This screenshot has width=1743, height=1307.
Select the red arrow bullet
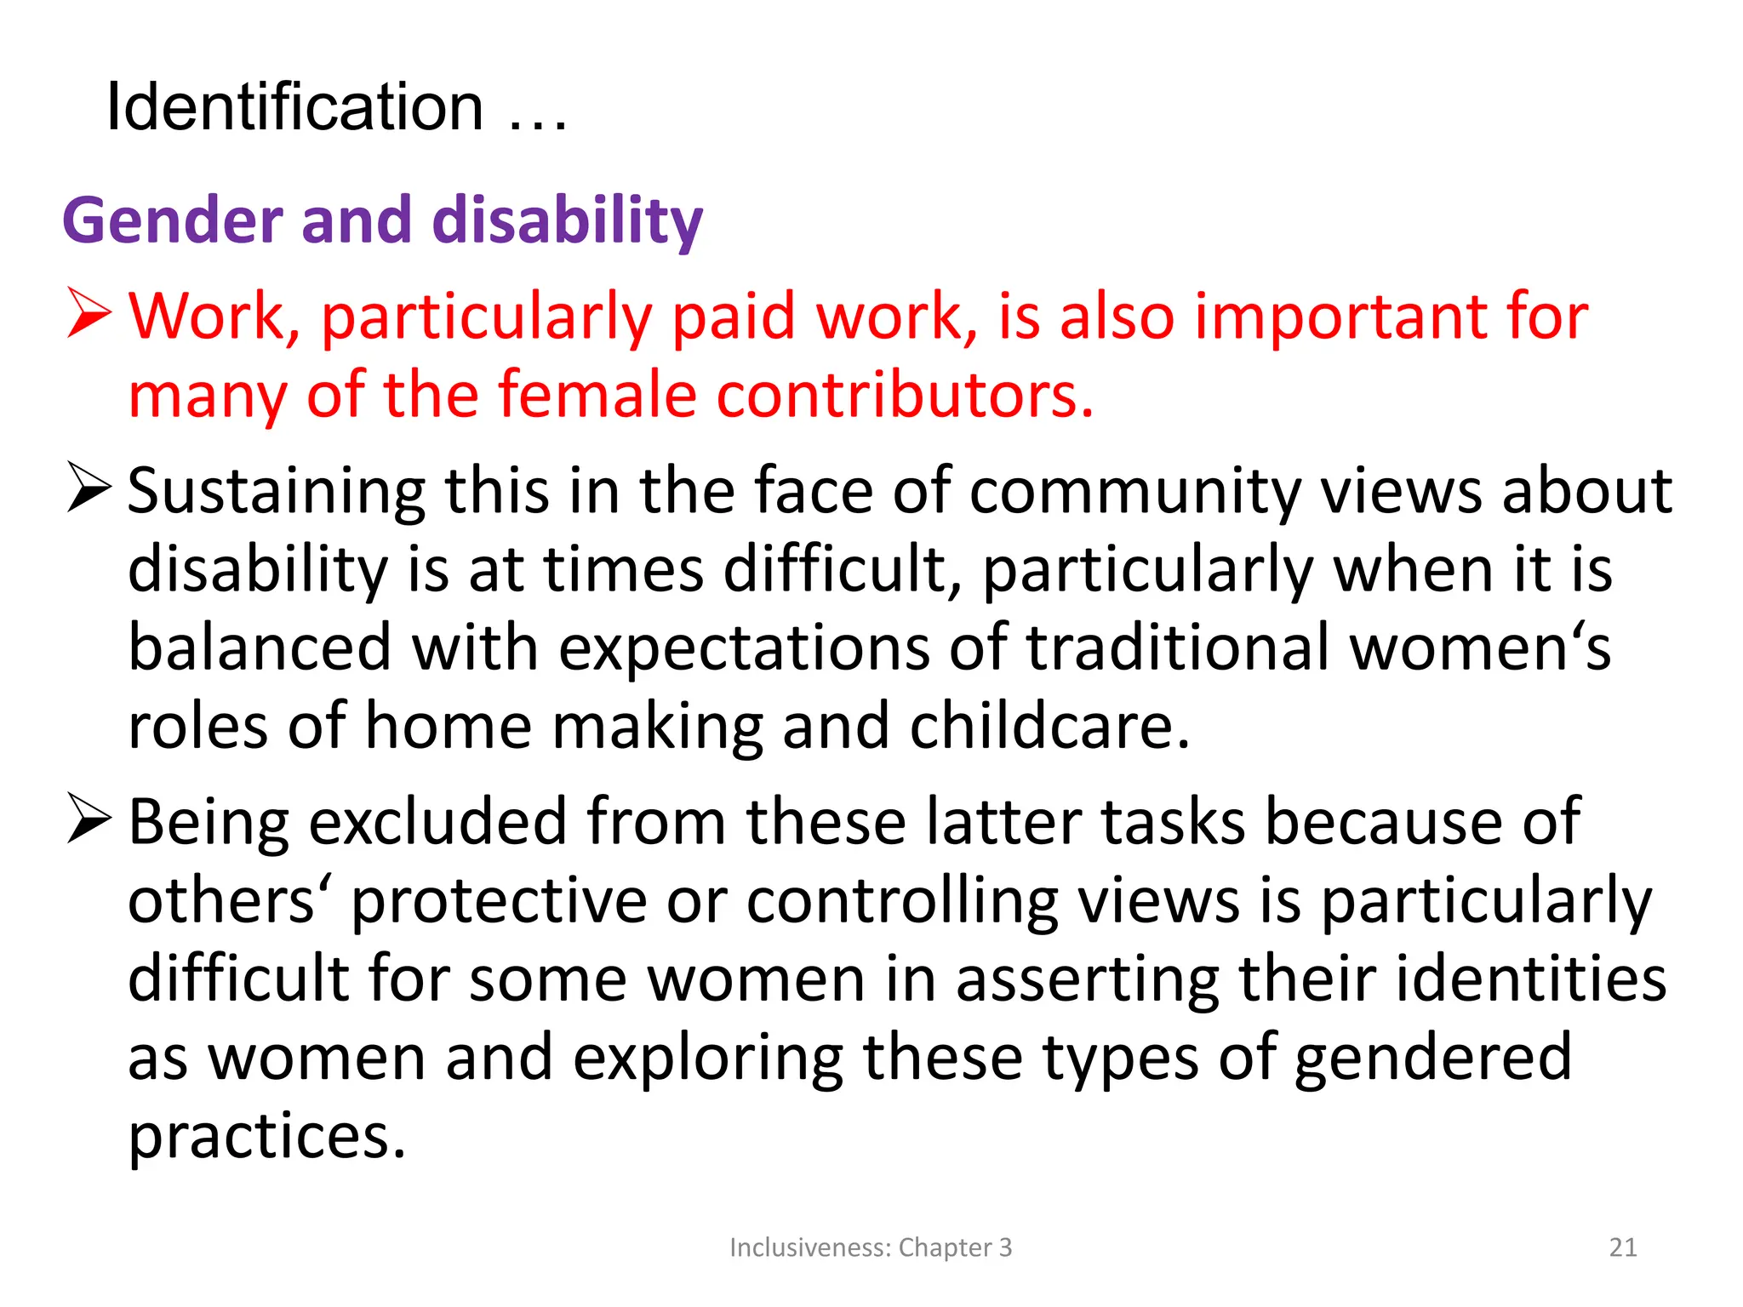[x=89, y=315]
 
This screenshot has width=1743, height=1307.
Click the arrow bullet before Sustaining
[x=89, y=488]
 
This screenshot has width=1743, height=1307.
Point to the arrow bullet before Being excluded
[x=89, y=819]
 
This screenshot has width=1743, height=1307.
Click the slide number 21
[x=1623, y=1247]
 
